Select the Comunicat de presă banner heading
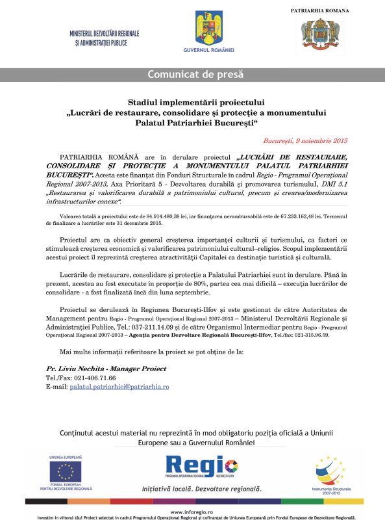192,73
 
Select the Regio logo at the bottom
201,466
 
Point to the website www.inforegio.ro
193,512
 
